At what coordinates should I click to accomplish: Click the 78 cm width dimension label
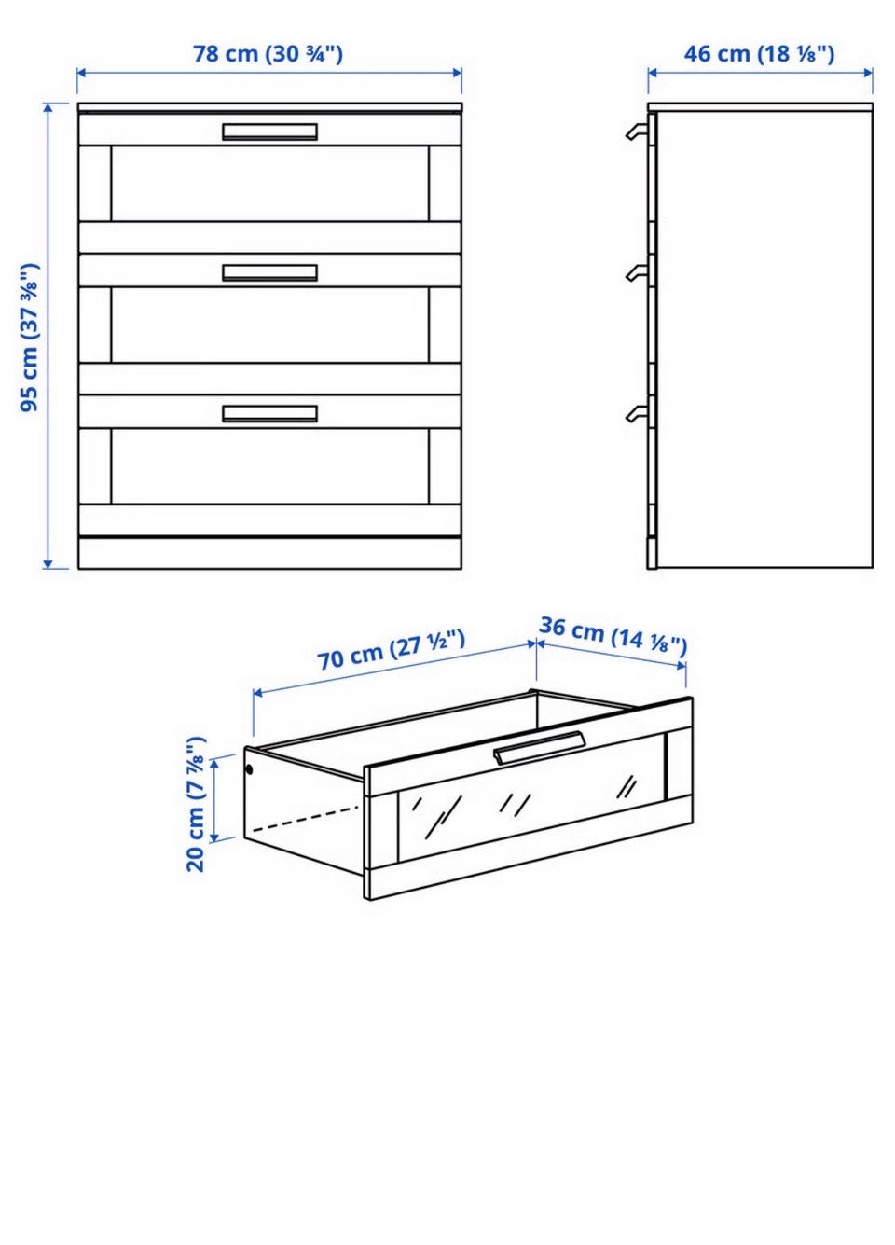click(268, 54)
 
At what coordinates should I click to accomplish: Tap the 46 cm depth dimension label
click(759, 54)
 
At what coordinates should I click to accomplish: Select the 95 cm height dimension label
click(30, 338)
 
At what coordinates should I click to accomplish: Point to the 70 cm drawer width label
click(391, 651)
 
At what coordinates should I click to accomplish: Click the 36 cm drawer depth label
click(613, 635)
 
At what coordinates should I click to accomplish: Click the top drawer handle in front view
click(269, 131)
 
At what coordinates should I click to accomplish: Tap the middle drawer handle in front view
click(269, 272)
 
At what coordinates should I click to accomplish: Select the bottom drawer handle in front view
click(269, 413)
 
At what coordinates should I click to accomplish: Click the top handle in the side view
click(638, 131)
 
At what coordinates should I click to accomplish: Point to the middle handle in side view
click(638, 272)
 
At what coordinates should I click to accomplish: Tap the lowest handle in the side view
click(638, 413)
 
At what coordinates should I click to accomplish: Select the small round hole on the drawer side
click(249, 769)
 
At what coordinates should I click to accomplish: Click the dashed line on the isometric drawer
click(305, 818)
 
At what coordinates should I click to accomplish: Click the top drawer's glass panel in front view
click(269, 184)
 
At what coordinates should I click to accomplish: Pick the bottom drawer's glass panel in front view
click(269, 465)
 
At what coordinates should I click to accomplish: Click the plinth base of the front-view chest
click(269, 553)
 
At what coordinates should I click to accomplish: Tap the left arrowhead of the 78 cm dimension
click(81, 72)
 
